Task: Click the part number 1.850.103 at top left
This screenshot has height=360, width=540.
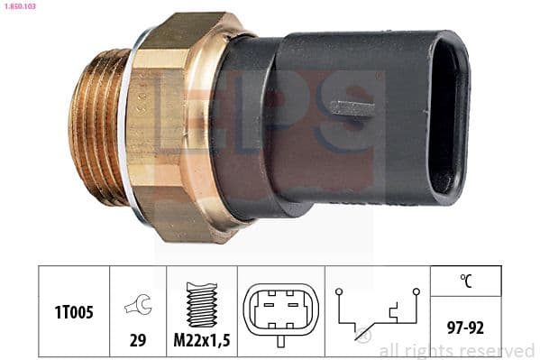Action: tap(20, 6)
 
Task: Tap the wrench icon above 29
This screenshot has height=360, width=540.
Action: tap(138, 305)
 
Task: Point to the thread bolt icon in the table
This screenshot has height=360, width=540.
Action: tap(202, 303)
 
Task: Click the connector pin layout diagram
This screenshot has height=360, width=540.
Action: tap(280, 312)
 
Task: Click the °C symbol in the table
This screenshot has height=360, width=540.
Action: tap(466, 282)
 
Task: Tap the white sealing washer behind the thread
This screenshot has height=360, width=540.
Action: tap(134, 126)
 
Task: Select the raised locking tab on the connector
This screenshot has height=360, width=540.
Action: tap(352, 107)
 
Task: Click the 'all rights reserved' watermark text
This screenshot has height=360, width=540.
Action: tap(456, 350)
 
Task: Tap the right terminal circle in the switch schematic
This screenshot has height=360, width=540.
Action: tap(416, 292)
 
